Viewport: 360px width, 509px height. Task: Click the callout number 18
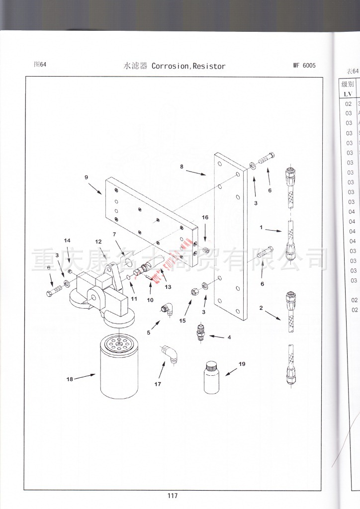click(69, 379)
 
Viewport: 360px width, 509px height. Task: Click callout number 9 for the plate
click(86, 177)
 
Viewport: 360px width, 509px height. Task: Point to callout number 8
click(182, 167)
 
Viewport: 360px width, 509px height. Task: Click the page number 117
click(173, 496)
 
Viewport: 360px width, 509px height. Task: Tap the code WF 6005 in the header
click(304, 66)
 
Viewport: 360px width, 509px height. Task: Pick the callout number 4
click(229, 338)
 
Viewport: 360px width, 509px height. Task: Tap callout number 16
click(205, 217)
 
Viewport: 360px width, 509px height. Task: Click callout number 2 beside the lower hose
click(261, 308)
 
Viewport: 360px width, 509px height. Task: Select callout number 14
click(67, 241)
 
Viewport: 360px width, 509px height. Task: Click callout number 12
click(98, 242)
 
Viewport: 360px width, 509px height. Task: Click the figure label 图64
click(40, 65)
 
